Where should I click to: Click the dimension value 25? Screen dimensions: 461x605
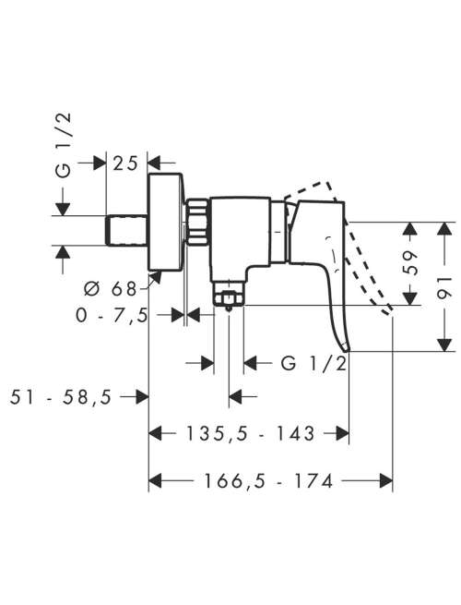[124, 163]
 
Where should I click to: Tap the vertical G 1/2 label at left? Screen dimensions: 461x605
[64, 145]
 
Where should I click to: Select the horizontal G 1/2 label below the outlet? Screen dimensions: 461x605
[313, 363]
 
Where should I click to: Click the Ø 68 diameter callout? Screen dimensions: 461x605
[110, 288]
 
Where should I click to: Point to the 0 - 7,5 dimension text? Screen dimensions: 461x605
[112, 316]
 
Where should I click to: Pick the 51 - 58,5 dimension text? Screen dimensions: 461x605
[61, 396]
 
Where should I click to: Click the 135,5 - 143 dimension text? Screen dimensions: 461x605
[251, 433]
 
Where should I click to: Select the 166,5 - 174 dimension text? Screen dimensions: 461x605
[267, 481]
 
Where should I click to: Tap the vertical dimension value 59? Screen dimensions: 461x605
[409, 263]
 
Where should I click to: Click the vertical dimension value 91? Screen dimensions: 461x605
[445, 287]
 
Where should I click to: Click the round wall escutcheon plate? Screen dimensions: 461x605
[166, 223]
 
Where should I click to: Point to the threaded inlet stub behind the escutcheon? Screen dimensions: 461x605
[126, 230]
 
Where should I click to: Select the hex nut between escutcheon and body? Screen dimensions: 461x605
[198, 222]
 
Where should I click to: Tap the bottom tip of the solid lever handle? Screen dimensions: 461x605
[347, 349]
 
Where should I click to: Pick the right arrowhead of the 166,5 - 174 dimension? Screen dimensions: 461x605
[386, 480]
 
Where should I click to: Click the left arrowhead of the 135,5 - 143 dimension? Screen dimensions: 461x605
[155, 433]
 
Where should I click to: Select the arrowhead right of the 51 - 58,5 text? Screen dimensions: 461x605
[142, 396]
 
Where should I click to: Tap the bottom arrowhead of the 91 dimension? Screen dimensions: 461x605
[445, 345]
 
